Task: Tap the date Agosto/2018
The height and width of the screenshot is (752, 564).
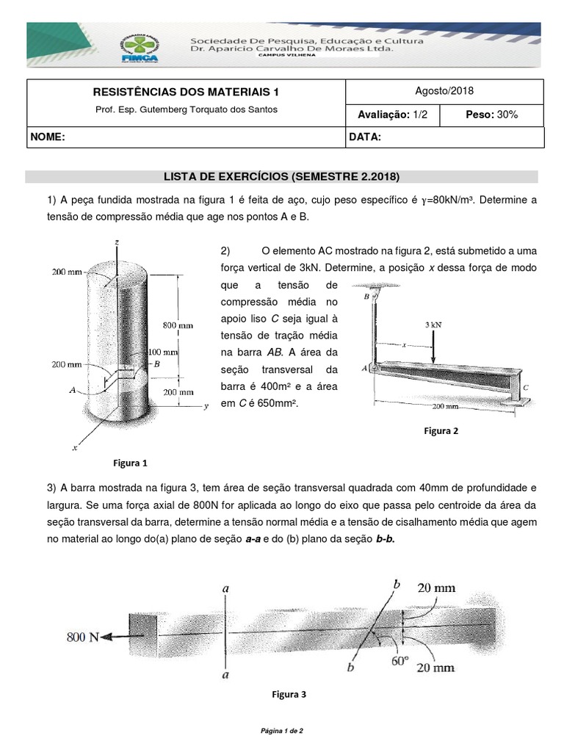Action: point(444,91)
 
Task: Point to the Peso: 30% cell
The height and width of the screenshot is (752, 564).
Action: point(492,115)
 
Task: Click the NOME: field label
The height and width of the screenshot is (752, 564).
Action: point(48,137)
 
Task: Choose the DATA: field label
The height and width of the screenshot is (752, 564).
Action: point(365,137)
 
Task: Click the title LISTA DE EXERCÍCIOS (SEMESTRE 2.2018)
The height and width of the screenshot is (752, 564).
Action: point(282,177)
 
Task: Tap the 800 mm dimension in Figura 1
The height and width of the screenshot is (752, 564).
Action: point(178,324)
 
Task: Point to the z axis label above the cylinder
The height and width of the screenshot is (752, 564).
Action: point(117,241)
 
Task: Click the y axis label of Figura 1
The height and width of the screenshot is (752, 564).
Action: point(207,405)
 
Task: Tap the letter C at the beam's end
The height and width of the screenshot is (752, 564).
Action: point(525,386)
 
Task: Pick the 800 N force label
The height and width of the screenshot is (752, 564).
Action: point(82,637)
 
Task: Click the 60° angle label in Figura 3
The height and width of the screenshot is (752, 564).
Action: point(399,661)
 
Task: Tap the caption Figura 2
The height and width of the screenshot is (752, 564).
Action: point(441,431)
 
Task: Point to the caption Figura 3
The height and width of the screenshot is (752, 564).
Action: point(289,694)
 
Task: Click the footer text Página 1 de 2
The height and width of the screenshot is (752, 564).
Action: point(282,731)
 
